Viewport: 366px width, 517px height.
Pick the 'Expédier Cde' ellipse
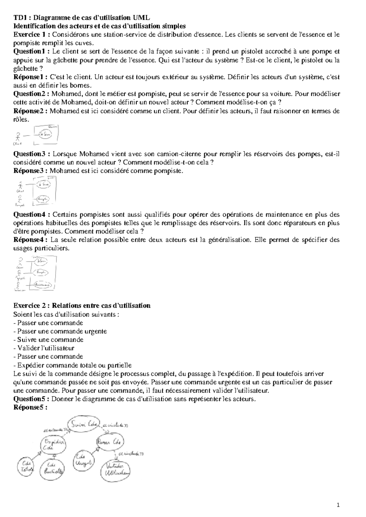[x=53, y=445]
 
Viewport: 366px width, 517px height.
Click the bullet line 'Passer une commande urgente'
[x=60, y=331]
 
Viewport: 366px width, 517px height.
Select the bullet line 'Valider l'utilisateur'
[x=44, y=348]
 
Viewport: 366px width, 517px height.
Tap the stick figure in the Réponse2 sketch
[x=19, y=136]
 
